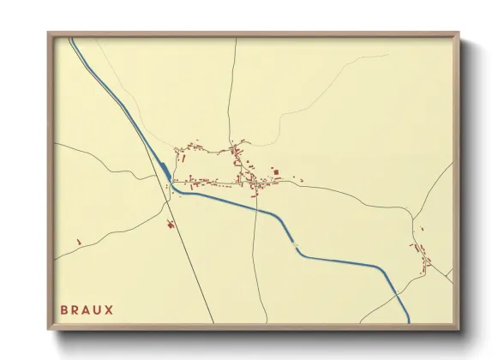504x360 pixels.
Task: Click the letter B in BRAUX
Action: [x=64, y=309]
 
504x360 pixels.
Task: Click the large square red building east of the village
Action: [x=276, y=172]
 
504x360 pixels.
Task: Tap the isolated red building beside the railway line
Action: [x=170, y=225]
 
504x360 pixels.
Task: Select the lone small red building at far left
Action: [x=78, y=242]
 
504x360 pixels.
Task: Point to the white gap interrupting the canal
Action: [x=298, y=249]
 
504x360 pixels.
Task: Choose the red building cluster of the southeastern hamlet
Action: [x=422, y=255]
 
